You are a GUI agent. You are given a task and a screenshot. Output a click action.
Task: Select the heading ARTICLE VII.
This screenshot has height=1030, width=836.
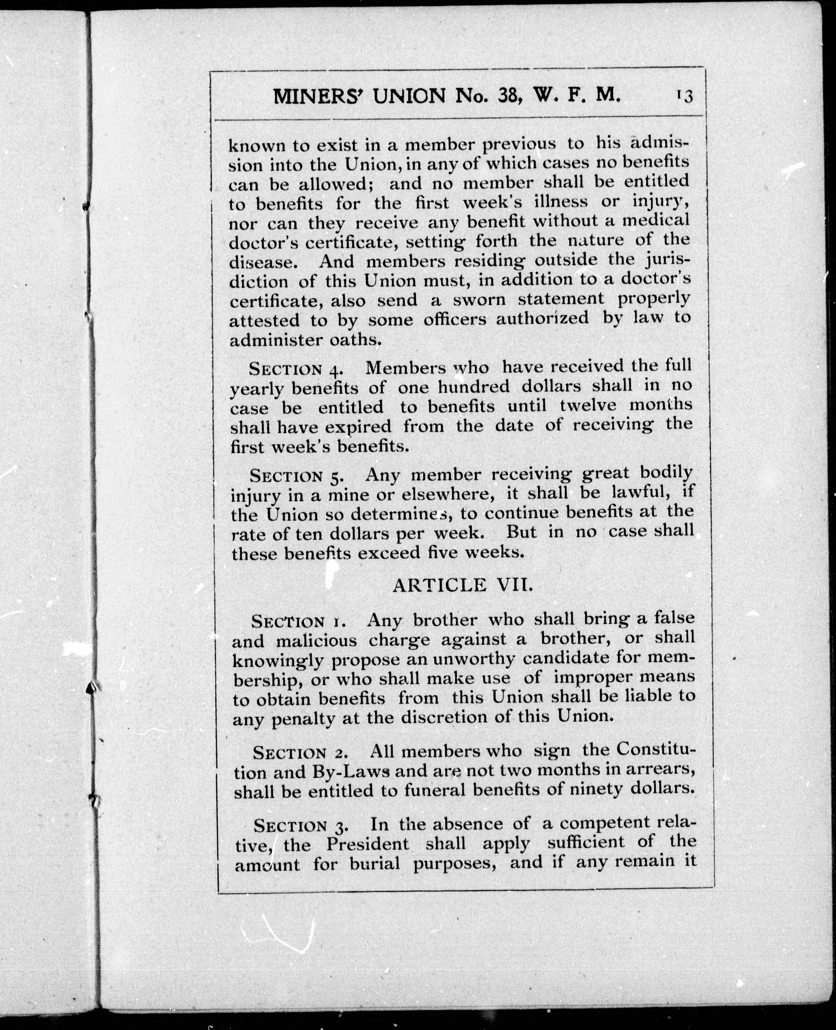tap(463, 585)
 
